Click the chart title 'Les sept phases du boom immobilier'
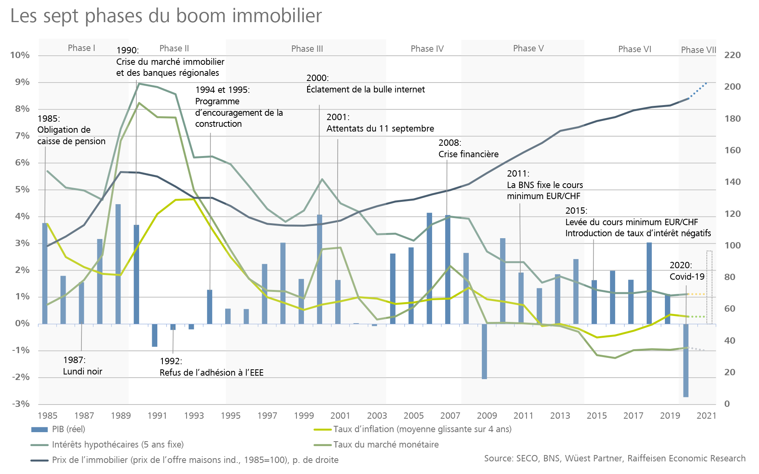(x=166, y=17)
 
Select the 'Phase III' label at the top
(x=307, y=49)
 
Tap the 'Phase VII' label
(x=698, y=50)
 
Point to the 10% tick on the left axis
(x=20, y=55)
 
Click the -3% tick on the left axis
(x=21, y=404)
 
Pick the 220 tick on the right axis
(x=732, y=55)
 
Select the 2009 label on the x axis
(x=487, y=416)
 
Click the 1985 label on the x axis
(x=47, y=416)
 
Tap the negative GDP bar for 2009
(x=484, y=352)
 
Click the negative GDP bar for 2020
(x=686, y=360)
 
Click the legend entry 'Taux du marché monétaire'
(x=386, y=445)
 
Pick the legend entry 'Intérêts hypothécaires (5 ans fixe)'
(x=117, y=445)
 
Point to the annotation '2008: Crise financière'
(x=468, y=149)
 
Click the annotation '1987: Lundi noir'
(x=83, y=366)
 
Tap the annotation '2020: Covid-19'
(x=687, y=271)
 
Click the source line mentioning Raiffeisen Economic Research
(x=615, y=459)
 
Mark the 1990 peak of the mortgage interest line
(x=140, y=84)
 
